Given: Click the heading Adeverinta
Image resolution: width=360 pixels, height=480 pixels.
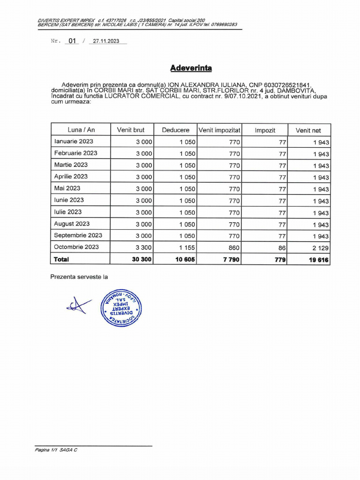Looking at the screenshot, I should [x=191, y=68].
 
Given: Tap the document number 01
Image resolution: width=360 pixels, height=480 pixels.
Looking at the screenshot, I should [x=72, y=41].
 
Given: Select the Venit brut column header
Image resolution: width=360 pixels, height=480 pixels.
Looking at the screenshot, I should [x=131, y=130].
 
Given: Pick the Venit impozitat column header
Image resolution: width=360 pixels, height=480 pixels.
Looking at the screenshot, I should [x=219, y=130].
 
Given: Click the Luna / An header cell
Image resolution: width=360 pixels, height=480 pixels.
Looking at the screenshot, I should [x=81, y=130].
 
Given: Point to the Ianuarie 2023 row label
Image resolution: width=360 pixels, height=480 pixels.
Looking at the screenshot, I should [x=74, y=142].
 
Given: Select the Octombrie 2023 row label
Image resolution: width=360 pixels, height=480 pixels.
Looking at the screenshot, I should [x=76, y=247].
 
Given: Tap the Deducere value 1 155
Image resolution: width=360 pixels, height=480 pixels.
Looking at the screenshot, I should [x=187, y=247].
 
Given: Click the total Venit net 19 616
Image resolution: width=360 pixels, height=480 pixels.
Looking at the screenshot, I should [x=319, y=260].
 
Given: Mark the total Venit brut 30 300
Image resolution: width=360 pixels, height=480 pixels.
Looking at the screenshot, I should [x=142, y=259].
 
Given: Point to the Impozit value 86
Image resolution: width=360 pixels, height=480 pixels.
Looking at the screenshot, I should [x=282, y=248].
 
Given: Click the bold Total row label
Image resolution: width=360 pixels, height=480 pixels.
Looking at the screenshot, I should [x=61, y=259].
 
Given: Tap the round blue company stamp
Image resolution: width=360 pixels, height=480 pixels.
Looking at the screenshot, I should [x=121, y=307].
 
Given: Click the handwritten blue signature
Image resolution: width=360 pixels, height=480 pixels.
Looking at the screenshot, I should [x=78, y=306].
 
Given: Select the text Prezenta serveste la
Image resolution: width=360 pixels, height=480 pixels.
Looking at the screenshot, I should [x=79, y=277].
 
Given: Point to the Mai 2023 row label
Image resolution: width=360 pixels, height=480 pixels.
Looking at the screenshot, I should [x=67, y=188].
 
